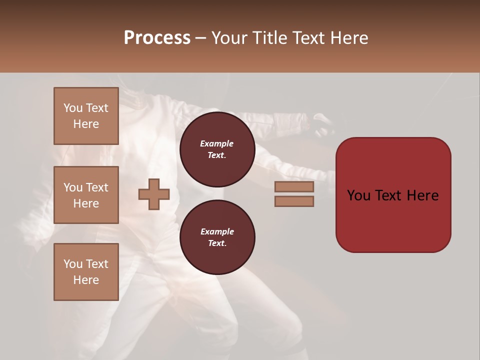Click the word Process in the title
pyautogui.click(x=157, y=38)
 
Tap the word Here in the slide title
pyautogui.click(x=348, y=38)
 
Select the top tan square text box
pyautogui.click(x=86, y=116)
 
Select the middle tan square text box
pyautogui.click(x=86, y=195)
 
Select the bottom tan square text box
pyautogui.click(x=86, y=272)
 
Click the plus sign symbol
pyautogui.click(x=154, y=194)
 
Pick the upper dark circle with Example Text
pyautogui.click(x=217, y=149)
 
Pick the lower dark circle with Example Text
pyautogui.click(x=217, y=237)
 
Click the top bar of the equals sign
pyautogui.click(x=294, y=187)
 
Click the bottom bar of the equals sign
pyautogui.click(x=294, y=201)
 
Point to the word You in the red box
pyautogui.click(x=358, y=195)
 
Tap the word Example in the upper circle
pyautogui.click(x=217, y=143)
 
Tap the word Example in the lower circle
pyautogui.click(x=217, y=231)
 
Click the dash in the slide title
pyautogui.click(x=201, y=38)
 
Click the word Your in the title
pyautogui.click(x=229, y=38)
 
